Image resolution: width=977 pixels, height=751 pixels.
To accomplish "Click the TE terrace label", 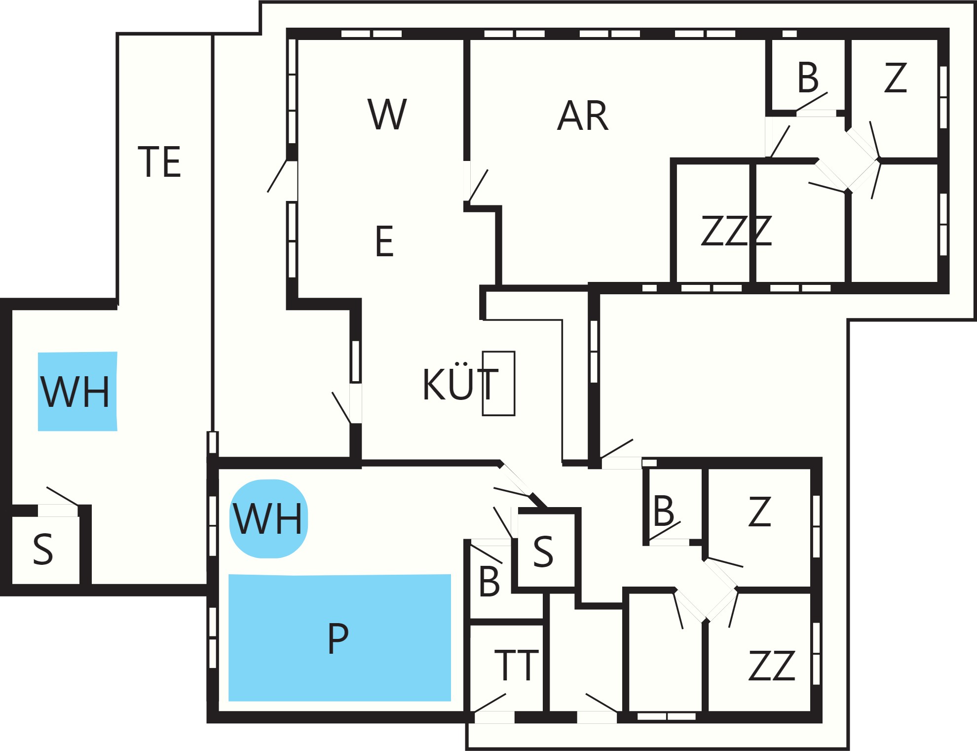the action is point(159,161).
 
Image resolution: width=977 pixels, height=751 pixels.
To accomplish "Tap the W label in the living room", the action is point(387,114).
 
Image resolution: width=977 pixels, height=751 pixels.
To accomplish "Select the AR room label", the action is point(583,116).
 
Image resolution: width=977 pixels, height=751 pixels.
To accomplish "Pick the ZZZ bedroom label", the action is point(736,231).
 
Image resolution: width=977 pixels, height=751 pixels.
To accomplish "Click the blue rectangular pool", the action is point(339,637).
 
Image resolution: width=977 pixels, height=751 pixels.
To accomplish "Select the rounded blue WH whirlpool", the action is point(268,518).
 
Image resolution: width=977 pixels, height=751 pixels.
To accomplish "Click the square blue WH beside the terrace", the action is point(77,391).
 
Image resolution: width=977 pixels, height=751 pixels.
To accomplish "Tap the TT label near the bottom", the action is point(516,665).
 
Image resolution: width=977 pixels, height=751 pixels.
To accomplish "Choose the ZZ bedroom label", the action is point(772,666).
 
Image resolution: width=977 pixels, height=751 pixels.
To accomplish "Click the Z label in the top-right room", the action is point(896,78).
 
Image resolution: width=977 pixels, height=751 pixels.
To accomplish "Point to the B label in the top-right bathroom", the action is point(808,78).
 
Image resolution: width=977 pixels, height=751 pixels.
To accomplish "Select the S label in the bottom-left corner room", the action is point(43,549).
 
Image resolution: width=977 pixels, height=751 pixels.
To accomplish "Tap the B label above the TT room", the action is point(489,582).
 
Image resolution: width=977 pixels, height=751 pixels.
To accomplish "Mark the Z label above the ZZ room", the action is point(759,512).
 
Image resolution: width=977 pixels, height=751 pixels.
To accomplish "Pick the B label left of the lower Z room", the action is point(663,511).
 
